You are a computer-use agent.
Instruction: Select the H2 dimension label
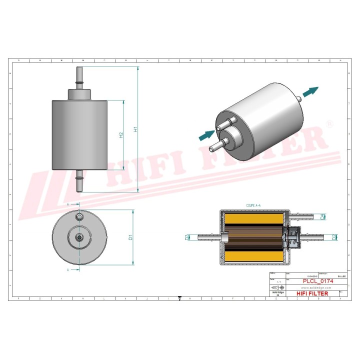tap(121, 135)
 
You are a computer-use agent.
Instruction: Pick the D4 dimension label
tap(322, 216)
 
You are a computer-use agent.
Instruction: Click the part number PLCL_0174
tap(318, 281)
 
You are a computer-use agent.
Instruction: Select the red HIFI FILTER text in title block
tap(312, 293)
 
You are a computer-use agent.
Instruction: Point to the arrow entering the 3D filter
tap(206, 134)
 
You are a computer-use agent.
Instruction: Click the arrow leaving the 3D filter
tap(310, 91)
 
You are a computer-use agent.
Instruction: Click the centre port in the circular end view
tap(79, 237)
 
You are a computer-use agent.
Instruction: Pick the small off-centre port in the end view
tap(79, 216)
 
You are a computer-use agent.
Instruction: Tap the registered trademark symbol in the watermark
tap(329, 123)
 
